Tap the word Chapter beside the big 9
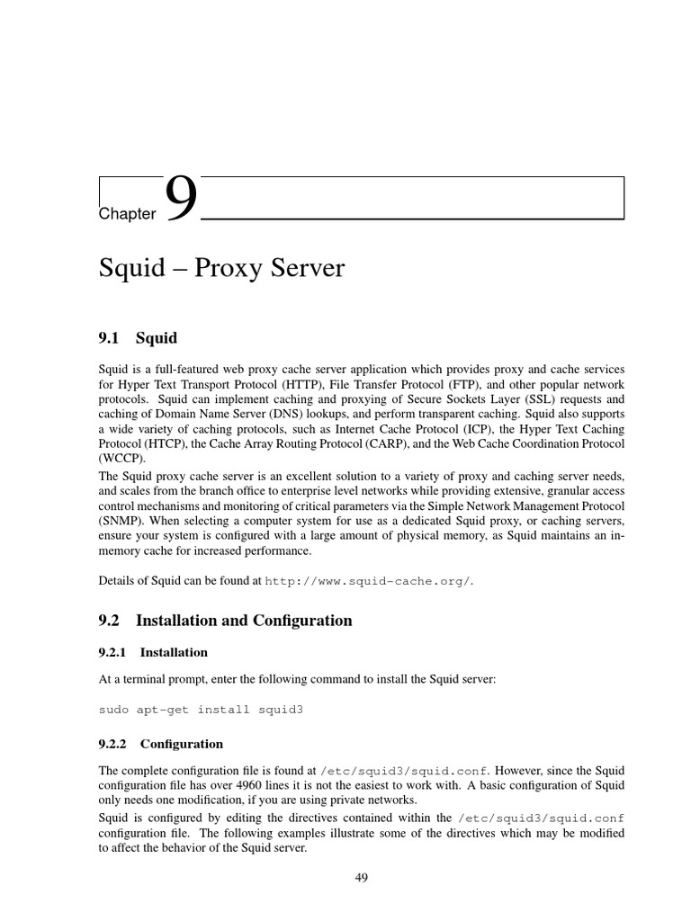coord(127,213)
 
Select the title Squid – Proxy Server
coord(221,268)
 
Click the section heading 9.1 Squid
coord(138,338)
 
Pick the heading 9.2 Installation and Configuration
coord(225,621)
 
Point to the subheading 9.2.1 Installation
coord(153,652)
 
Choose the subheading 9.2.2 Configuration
coord(160,744)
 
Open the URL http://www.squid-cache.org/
coord(369,581)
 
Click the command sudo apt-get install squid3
coord(201,710)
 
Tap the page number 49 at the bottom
coord(362,878)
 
